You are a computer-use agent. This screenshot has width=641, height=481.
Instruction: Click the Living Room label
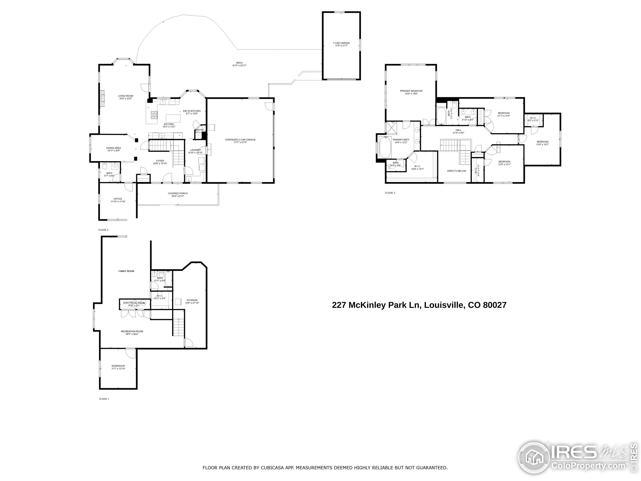point(125,96)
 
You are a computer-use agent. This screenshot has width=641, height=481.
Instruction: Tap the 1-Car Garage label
point(341,43)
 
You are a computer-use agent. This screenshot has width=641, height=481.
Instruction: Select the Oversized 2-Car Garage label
point(240,140)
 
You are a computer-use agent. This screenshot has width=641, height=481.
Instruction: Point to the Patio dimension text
point(239,66)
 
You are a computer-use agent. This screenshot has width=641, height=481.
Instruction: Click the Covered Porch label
point(178,193)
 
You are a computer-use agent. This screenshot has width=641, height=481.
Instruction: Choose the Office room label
point(118,199)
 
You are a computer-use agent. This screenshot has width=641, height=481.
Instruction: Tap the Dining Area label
point(114,148)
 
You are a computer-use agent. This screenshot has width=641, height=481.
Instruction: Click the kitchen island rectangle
point(173,118)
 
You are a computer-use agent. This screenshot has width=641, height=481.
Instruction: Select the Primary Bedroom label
point(411,91)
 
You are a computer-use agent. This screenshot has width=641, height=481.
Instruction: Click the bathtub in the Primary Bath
point(385,147)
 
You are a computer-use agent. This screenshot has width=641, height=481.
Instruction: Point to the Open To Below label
point(456,171)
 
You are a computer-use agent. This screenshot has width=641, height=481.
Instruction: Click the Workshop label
point(118,366)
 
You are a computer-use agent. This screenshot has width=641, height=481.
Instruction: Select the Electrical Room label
point(134,303)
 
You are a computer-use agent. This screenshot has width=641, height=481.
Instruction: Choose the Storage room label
point(192,300)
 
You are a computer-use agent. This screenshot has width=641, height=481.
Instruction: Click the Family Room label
point(126,271)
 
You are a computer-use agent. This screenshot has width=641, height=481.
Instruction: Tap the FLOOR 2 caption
point(103,230)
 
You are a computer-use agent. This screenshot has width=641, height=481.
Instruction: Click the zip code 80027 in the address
point(495,305)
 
